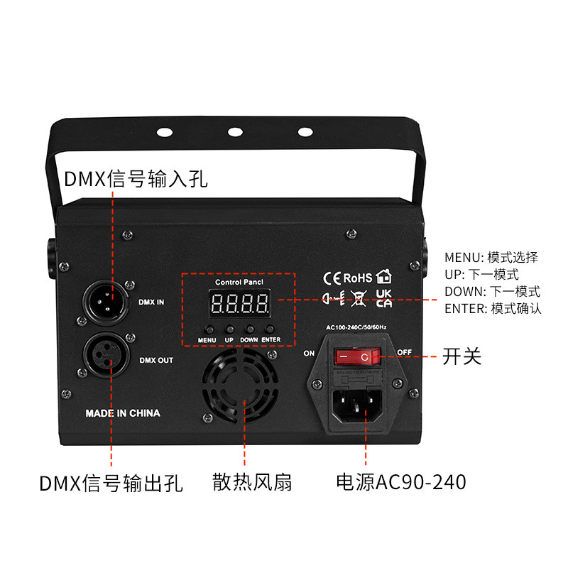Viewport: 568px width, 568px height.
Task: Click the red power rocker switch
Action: tap(358, 354)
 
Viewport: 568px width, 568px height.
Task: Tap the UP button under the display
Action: tap(230, 329)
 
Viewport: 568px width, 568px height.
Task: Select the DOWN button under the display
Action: tap(250, 329)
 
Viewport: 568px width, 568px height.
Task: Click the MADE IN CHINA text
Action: tap(123, 413)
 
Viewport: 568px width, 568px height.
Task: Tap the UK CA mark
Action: tap(384, 298)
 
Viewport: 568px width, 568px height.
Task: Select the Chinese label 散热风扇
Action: tap(252, 483)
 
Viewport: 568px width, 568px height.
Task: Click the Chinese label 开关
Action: tap(462, 356)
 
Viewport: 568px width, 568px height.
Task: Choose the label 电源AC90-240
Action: tap(401, 483)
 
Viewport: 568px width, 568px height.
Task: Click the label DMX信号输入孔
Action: tap(136, 178)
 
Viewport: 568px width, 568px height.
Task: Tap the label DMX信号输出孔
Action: tap(111, 484)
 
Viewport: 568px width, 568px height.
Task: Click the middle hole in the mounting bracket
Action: tap(234, 132)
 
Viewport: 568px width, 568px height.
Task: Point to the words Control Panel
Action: tap(239, 282)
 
